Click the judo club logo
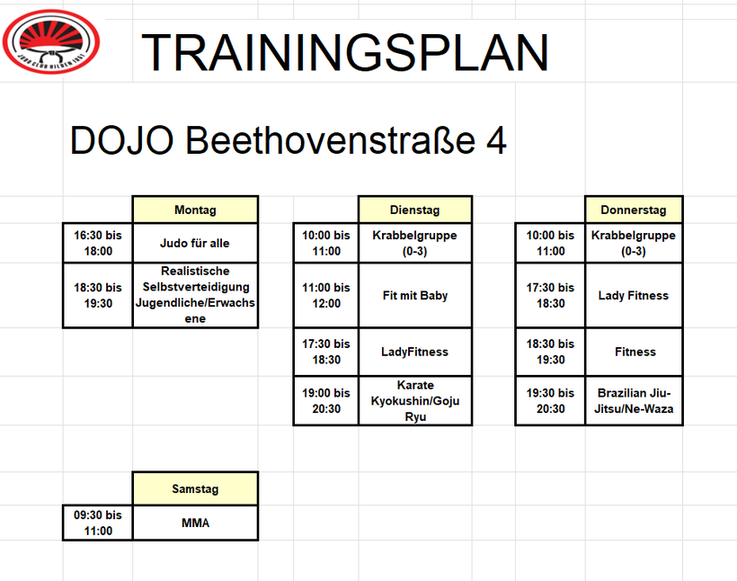50,42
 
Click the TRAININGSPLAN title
345,52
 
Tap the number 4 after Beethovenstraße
496,140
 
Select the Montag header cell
196,210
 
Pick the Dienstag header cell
415,210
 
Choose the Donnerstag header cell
634,210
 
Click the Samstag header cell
196,488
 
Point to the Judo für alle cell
196,243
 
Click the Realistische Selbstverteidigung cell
196,295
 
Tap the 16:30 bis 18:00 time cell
98,243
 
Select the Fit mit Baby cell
415,295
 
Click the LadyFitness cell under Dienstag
415,352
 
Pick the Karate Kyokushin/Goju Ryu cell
415,401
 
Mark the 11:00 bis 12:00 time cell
326,295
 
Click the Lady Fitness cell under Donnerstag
634,295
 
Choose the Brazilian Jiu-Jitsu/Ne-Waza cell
634,401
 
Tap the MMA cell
196,523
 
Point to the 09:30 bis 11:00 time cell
98,523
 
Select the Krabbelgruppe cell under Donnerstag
634,243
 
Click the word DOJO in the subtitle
121,140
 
